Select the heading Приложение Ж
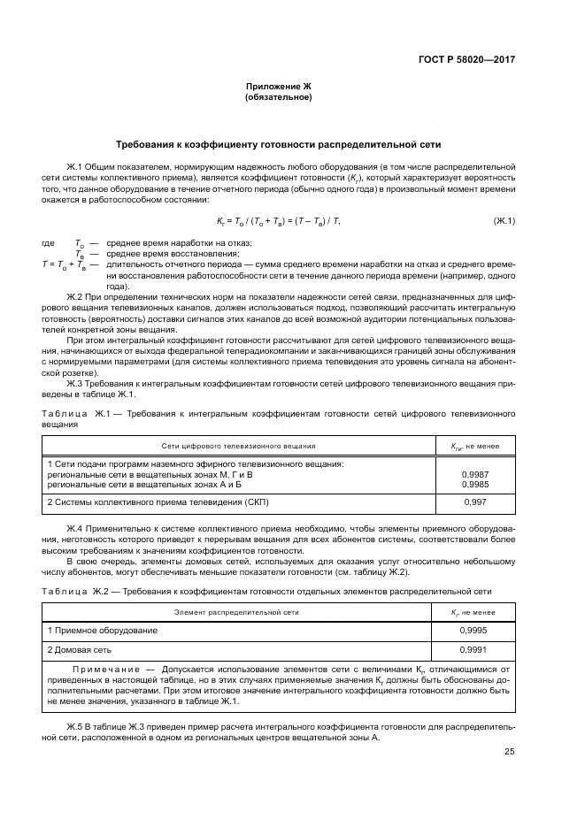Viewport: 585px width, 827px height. (279, 86)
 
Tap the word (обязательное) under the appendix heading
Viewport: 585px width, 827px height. (279, 96)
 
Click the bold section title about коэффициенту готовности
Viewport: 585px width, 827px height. (279, 144)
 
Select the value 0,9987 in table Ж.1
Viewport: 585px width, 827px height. (474, 475)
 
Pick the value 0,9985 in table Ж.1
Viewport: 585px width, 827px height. (474, 485)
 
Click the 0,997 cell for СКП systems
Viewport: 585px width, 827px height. (474, 502)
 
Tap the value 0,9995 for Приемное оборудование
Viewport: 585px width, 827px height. (474, 630)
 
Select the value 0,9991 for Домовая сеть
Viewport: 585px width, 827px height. (474, 649)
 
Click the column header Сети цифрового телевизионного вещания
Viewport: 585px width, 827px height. (238, 447)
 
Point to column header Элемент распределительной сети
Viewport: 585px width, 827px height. (236, 610)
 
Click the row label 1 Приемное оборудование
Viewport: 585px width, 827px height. (103, 630)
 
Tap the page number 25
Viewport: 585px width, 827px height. (509, 752)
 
